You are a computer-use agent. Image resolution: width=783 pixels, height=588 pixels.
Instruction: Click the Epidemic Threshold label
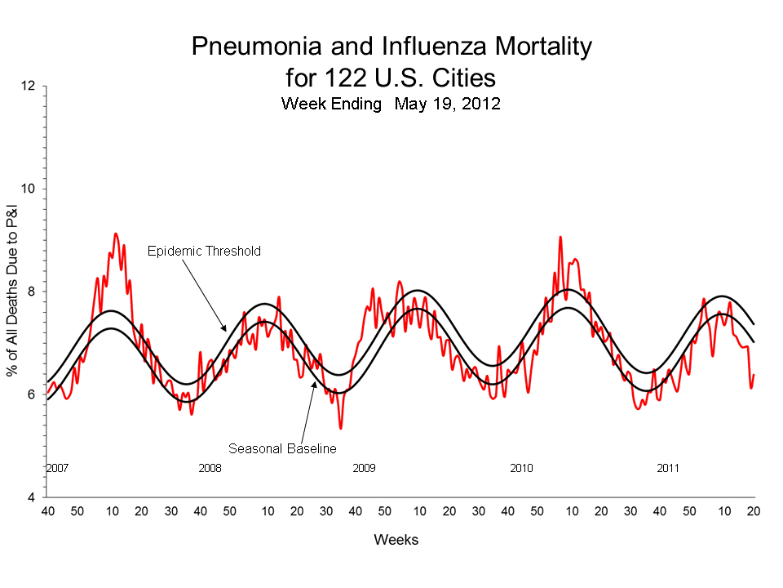point(204,252)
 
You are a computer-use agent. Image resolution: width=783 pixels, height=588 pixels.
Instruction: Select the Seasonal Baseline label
point(282,448)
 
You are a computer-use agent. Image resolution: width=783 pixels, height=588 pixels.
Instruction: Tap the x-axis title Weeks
point(396,540)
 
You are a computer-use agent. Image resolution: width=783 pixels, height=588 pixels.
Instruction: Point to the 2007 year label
point(56,469)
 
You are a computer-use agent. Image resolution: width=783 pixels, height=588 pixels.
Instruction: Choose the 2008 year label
point(210,469)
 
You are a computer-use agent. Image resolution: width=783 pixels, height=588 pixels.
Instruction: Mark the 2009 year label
point(364,469)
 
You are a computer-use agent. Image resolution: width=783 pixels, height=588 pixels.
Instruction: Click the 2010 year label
point(521,469)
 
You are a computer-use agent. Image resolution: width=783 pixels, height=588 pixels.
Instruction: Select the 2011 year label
point(668,469)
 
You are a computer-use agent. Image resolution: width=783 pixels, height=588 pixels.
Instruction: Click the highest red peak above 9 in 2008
point(116,234)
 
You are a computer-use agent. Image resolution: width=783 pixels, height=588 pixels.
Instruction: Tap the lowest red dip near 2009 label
point(340,428)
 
